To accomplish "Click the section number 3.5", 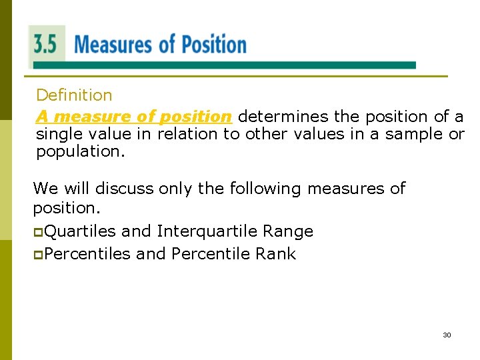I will (x=45, y=45).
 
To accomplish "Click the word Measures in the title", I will (x=113, y=45).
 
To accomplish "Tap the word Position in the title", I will (x=214, y=45).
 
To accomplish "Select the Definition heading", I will (x=74, y=95).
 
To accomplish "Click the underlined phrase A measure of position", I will (x=133, y=117).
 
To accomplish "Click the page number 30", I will (x=447, y=335).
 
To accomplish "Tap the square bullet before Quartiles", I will (x=38, y=232).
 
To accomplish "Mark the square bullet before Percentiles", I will (x=38, y=255).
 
